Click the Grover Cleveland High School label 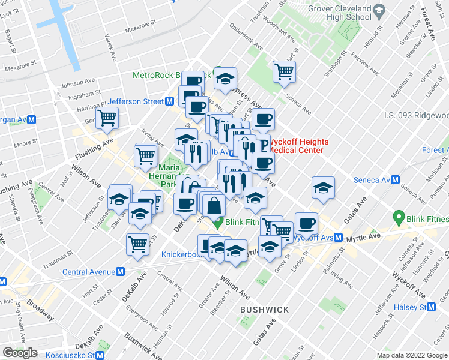339,13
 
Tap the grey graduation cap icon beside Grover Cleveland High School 379,10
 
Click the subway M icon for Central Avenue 120,271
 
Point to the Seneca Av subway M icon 394,180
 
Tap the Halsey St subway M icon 431,307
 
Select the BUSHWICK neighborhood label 264,310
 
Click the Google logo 20,353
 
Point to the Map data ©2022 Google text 412,355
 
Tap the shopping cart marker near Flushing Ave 107,118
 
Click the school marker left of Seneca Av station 323,188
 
